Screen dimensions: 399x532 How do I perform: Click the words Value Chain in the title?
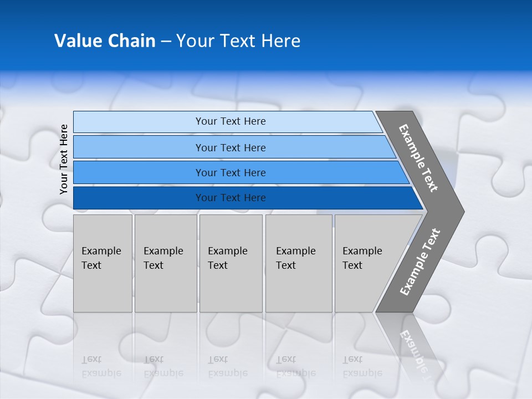105,41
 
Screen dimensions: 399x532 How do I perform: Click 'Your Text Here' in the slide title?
238,41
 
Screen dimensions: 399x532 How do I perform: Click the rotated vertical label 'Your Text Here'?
64,159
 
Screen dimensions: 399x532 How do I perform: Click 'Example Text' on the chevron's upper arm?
418,158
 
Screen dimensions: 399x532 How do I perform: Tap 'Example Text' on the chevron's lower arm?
420,262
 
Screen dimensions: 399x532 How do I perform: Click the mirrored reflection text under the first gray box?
101,366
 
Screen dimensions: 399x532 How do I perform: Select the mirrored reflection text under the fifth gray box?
362,366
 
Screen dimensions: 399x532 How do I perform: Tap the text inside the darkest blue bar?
231,198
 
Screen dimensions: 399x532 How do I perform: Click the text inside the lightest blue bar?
231,121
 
